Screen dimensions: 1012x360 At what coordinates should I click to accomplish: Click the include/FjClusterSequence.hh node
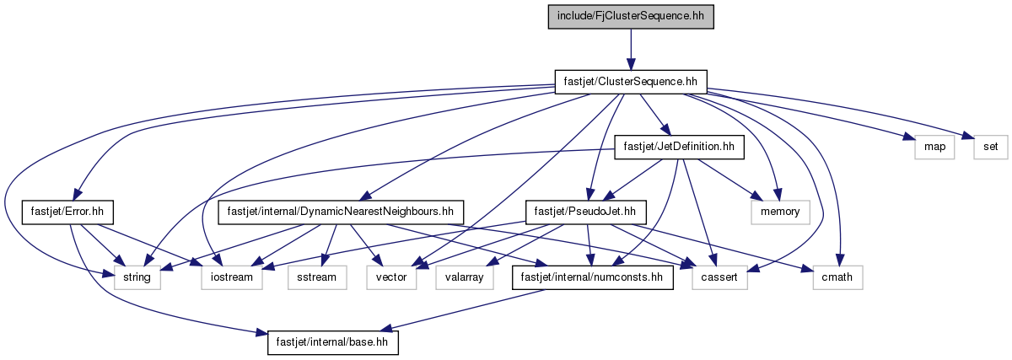coord(631,17)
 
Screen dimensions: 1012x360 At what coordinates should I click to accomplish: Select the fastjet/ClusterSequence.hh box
coord(631,83)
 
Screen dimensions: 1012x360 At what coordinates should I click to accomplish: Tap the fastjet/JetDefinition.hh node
coord(679,148)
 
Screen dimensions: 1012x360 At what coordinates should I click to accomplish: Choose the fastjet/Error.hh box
coord(67,212)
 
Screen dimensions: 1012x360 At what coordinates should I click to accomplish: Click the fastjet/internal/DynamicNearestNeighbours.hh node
coord(341,212)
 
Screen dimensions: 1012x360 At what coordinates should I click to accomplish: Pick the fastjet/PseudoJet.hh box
coord(585,212)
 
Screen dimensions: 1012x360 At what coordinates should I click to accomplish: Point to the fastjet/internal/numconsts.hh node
coord(592,277)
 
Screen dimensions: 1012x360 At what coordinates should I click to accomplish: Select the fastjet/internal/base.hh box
coord(332,342)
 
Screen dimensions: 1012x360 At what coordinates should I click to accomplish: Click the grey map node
coord(934,148)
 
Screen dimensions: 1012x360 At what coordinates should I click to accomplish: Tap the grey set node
coord(990,148)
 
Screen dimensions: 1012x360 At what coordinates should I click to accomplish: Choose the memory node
coord(780,212)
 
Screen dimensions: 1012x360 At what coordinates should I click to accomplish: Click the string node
coord(137,277)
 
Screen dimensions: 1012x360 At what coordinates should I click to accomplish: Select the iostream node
coord(232,277)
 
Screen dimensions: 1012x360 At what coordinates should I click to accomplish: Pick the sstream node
coord(317,277)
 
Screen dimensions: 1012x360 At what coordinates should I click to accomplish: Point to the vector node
coord(391,277)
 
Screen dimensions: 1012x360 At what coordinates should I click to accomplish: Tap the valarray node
coord(465,277)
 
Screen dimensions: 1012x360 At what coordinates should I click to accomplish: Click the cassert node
coord(719,277)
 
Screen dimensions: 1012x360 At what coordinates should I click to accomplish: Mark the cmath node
coord(837,277)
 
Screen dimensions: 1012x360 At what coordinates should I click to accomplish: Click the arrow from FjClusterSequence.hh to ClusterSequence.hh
coord(631,50)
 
